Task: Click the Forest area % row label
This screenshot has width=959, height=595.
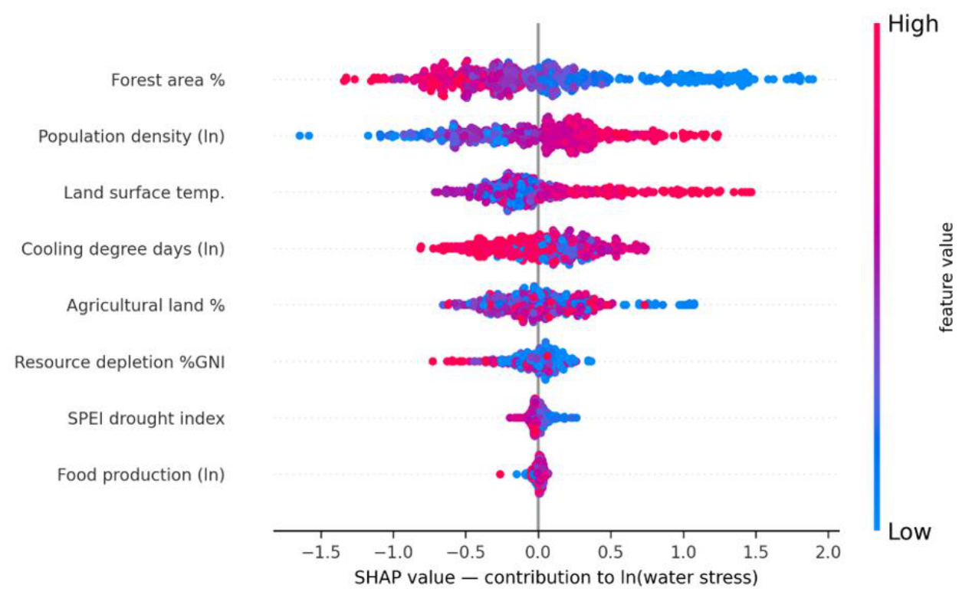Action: pyautogui.click(x=168, y=80)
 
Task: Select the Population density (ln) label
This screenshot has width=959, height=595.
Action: pyautogui.click(x=131, y=136)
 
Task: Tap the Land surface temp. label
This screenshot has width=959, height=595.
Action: pyautogui.click(x=144, y=192)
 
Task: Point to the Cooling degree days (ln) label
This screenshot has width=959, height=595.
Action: pyautogui.click(x=123, y=249)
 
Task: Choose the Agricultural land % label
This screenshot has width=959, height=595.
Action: pyautogui.click(x=146, y=305)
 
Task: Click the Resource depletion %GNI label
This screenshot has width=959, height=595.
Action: pyautogui.click(x=120, y=362)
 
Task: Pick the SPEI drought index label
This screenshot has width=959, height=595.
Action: pyautogui.click(x=146, y=418)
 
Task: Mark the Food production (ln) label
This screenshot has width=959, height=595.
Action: pyautogui.click(x=141, y=475)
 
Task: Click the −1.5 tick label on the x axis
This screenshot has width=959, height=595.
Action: pyautogui.click(x=320, y=552)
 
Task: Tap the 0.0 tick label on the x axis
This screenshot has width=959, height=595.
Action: pyautogui.click(x=538, y=552)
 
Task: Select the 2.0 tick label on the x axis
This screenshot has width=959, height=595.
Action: pyautogui.click(x=828, y=552)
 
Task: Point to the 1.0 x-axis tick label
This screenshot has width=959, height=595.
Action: pyautogui.click(x=683, y=552)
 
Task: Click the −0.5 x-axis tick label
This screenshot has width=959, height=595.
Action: pyautogui.click(x=466, y=552)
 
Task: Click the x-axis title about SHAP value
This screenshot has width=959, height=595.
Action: pyautogui.click(x=556, y=578)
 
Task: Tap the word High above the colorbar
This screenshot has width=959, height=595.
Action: pyautogui.click(x=913, y=24)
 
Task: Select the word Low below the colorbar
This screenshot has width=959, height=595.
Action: pyautogui.click(x=909, y=532)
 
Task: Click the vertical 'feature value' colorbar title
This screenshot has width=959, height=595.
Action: pyautogui.click(x=946, y=278)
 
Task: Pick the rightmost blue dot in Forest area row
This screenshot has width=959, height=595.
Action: pyautogui.click(x=812, y=79)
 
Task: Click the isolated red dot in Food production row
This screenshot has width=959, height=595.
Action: pyautogui.click(x=500, y=474)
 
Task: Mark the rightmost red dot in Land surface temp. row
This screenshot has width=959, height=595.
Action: pyautogui.click(x=750, y=192)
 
